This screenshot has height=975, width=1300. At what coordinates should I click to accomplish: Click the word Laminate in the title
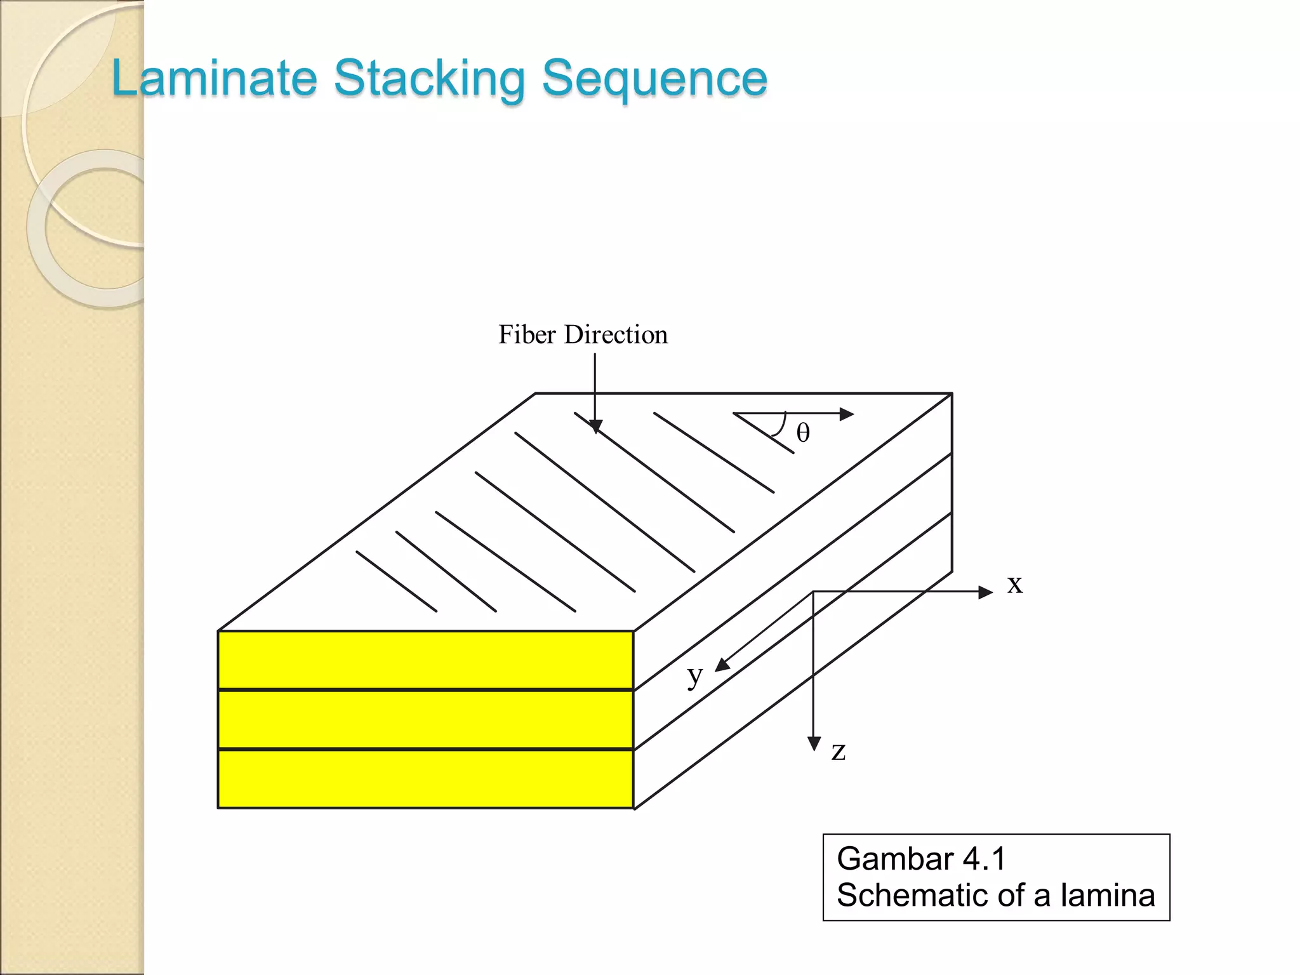click(x=215, y=78)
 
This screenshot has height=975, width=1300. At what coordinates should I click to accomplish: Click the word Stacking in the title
click(x=429, y=79)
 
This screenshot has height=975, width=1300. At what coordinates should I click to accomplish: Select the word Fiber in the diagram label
click(x=527, y=335)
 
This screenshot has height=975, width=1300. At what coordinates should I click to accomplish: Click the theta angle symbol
click(x=803, y=434)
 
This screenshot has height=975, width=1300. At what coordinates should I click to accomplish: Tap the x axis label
click(x=1015, y=584)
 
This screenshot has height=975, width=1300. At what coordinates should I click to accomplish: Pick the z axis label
click(x=839, y=751)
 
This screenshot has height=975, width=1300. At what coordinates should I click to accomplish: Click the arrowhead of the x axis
click(x=986, y=592)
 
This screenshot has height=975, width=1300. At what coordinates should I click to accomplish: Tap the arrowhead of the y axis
click(x=722, y=665)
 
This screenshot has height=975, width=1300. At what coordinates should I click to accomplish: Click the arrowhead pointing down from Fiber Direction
click(x=595, y=427)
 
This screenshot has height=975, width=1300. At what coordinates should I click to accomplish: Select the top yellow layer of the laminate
click(x=425, y=660)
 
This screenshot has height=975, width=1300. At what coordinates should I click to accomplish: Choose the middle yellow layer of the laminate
click(x=425, y=719)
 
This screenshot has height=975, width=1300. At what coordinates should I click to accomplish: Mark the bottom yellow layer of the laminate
click(x=425, y=778)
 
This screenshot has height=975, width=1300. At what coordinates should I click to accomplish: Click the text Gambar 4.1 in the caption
click(x=921, y=859)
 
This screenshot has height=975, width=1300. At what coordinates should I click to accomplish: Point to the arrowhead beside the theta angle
click(x=847, y=414)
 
